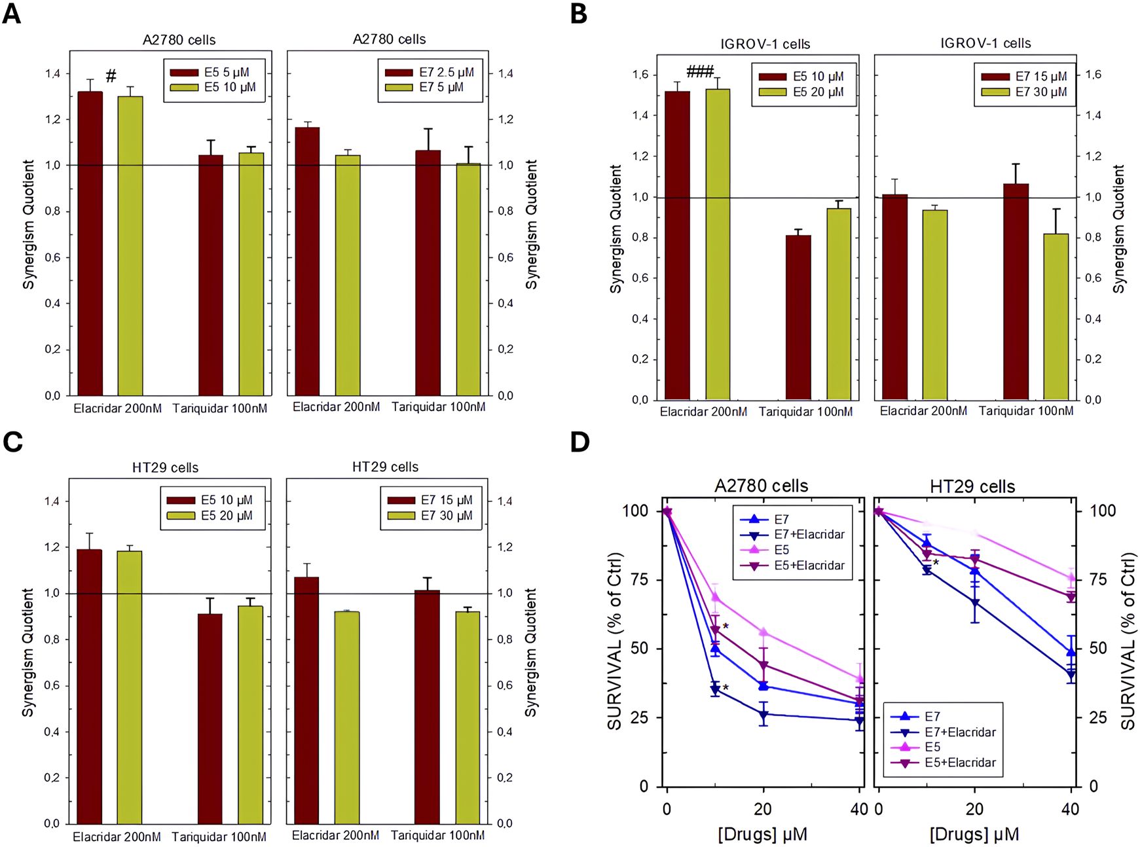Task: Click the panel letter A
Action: click(x=11, y=13)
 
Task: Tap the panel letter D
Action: click(x=579, y=442)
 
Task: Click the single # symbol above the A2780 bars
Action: click(x=111, y=76)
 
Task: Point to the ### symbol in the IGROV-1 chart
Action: click(x=699, y=72)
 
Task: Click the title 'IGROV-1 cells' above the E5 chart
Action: click(x=765, y=44)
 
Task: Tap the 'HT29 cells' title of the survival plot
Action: click(x=972, y=486)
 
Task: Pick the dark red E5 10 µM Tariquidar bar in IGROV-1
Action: click(x=798, y=317)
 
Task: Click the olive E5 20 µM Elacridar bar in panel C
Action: click(x=130, y=687)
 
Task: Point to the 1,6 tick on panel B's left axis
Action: click(x=640, y=75)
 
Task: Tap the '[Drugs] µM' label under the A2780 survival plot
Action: click(x=762, y=835)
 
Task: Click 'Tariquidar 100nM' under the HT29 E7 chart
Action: click(x=437, y=836)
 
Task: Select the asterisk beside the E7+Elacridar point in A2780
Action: click(x=726, y=687)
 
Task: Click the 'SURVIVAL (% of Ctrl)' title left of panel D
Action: click(x=615, y=641)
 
